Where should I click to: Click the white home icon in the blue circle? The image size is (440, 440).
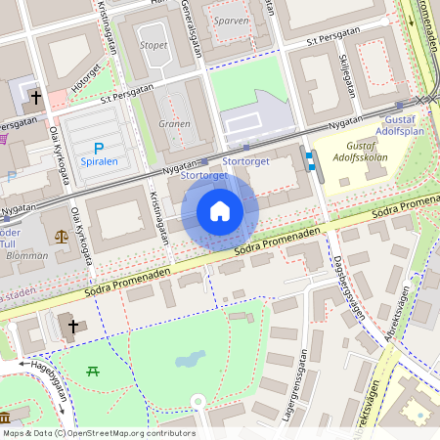pyautogui.click(x=220, y=211)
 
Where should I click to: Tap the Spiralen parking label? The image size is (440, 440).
pyautogui.click(x=99, y=160)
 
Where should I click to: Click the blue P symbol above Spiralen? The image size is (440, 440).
pyautogui.click(x=99, y=146)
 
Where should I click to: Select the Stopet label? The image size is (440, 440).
pyautogui.click(x=153, y=45)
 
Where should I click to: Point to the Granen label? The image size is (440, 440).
pyautogui.click(x=173, y=124)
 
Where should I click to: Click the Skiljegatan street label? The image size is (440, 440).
pyautogui.click(x=347, y=74)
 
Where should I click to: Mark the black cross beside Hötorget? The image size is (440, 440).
pyautogui.click(x=37, y=98)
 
